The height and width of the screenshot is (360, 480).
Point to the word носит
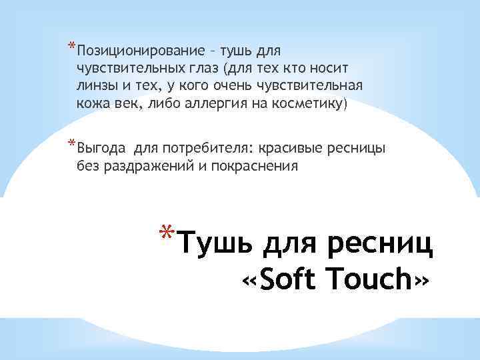coord(331,69)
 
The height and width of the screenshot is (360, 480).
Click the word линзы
coord(99,87)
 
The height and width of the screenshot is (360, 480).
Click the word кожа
coord(94,105)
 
